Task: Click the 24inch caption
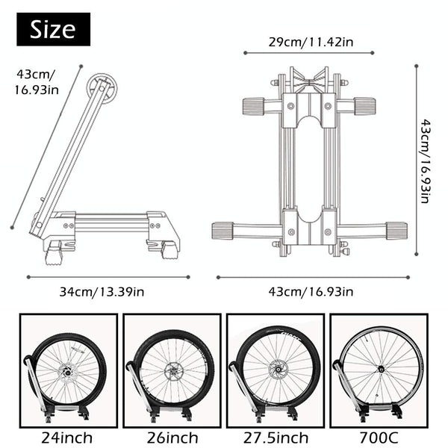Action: [67, 438]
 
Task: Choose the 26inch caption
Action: [171, 438]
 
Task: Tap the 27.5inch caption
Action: [276, 438]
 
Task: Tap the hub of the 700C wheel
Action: [381, 369]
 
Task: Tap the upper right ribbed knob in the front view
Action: [364, 106]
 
